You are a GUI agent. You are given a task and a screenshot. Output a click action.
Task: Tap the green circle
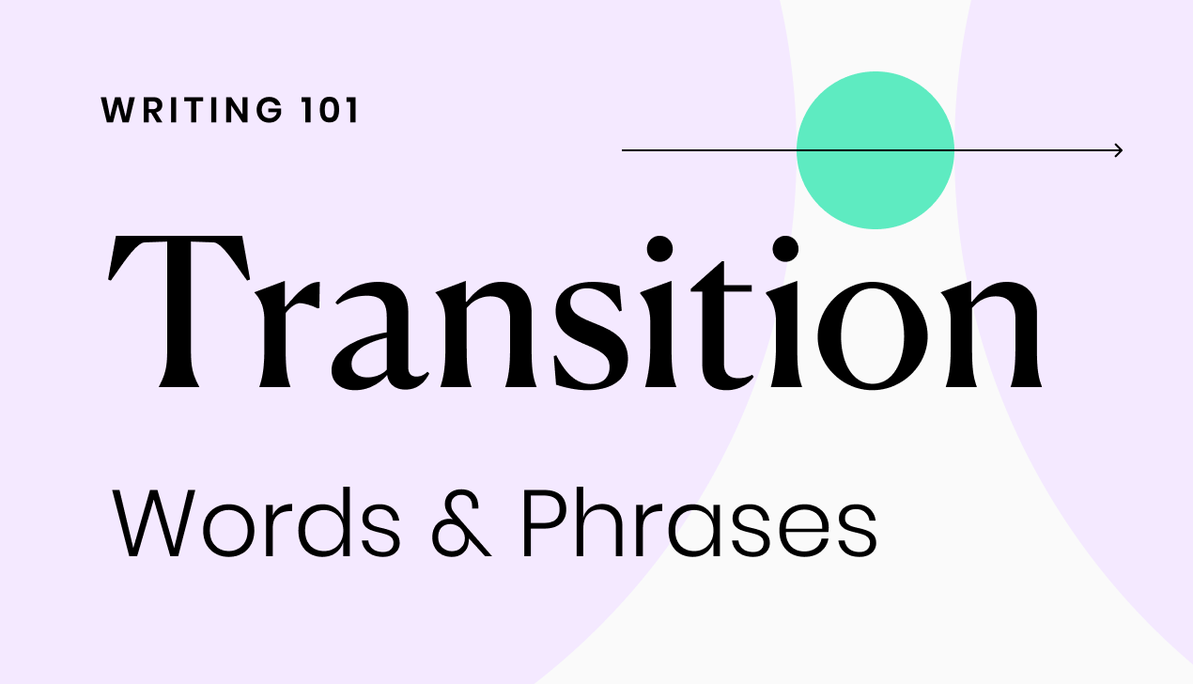[875, 150]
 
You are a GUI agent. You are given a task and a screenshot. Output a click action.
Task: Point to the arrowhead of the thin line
[1118, 150]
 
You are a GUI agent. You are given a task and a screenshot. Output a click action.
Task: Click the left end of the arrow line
[625, 150]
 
